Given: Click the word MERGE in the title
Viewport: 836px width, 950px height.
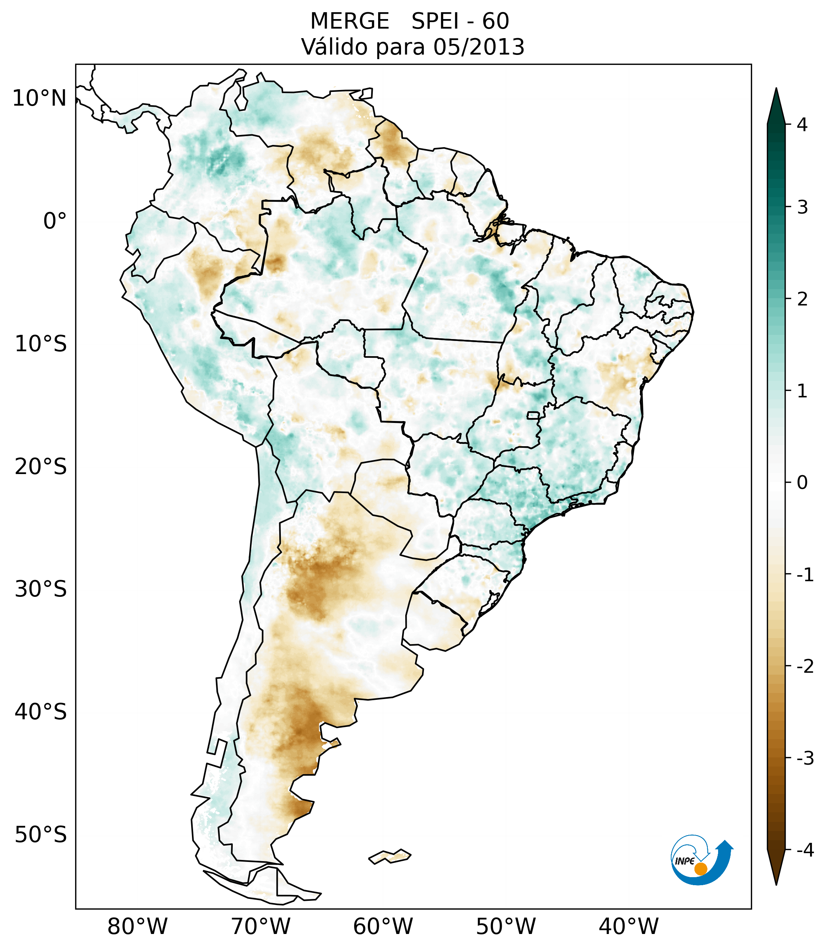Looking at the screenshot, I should tap(349, 21).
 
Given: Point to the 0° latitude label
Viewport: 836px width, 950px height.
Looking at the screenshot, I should tap(55, 221).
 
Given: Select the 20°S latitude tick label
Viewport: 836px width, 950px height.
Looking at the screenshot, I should tap(41, 467).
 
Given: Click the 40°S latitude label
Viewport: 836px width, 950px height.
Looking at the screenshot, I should tap(41, 712).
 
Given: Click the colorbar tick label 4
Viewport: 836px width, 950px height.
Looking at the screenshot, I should tap(802, 125).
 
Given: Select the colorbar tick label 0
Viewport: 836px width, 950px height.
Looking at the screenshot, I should tap(802, 482).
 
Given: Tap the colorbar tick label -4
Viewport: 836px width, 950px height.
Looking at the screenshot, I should tap(805, 850).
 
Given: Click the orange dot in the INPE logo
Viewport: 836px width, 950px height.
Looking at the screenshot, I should tap(700, 869).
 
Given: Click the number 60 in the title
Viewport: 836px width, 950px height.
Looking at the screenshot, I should tap(495, 21).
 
